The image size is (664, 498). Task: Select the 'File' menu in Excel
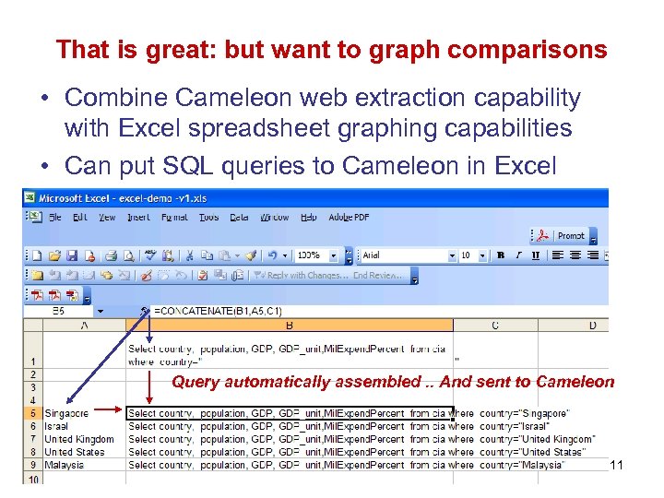[56, 218]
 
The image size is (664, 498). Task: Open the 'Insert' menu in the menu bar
[138, 218]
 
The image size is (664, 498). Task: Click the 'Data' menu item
[239, 218]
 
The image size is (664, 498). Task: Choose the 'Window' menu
[274, 218]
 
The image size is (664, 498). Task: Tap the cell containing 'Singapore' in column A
[67, 413]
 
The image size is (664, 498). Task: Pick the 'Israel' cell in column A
[56, 426]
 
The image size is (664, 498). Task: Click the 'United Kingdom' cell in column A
[79, 439]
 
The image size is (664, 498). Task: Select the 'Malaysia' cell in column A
[65, 465]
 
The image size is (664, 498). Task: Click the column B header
[290, 326]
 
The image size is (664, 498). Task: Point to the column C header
[495, 326]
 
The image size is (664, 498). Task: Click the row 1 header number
[32, 362]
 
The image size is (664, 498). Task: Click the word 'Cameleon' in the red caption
[575, 382]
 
